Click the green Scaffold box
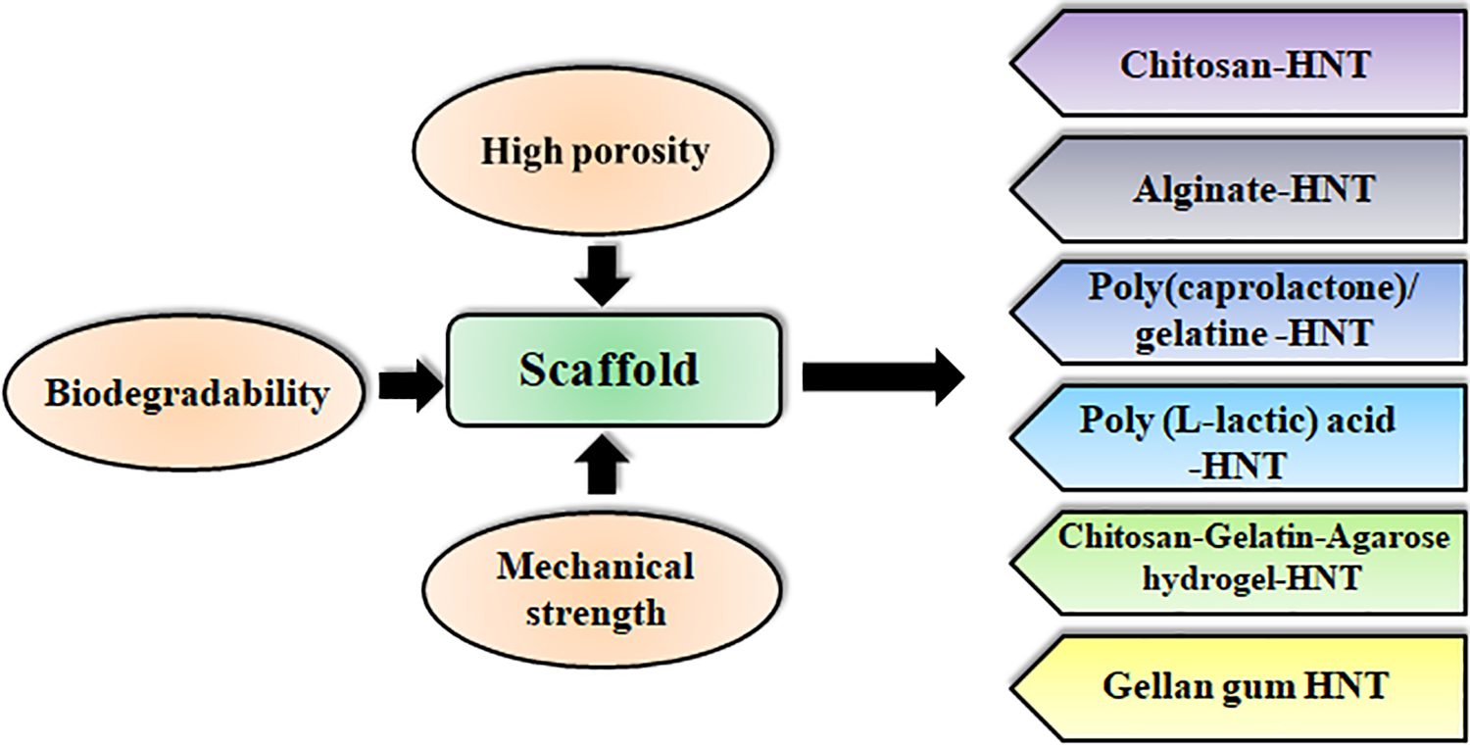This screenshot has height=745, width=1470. pos(613,371)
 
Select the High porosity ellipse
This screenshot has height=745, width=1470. pos(593,150)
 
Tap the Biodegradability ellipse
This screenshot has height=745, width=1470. pos(184,392)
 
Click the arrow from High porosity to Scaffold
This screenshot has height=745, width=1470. pos(602,275)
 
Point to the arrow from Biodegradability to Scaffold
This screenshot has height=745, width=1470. pos(411,385)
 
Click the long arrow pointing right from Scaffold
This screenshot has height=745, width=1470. pos(883,377)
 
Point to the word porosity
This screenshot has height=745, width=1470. pos(641,153)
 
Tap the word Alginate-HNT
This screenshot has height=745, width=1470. pos(1253,190)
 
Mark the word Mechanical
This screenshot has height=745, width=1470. pos(595,567)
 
